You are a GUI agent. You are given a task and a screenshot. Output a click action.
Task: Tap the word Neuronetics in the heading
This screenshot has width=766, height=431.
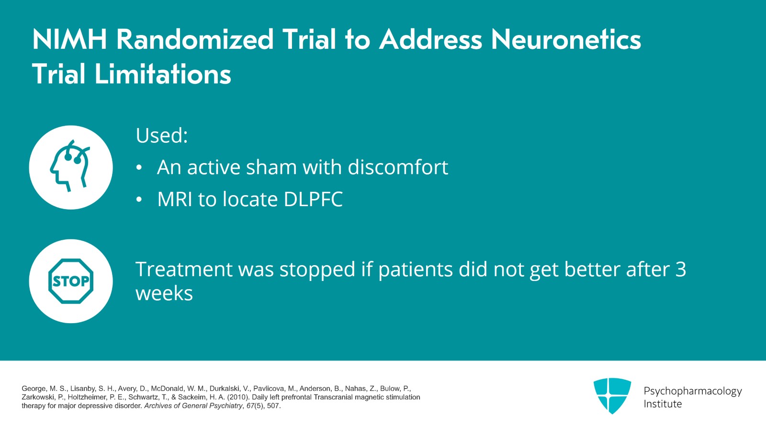coord(566,39)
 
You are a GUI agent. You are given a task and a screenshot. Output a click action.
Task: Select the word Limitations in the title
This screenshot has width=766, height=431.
coord(163,74)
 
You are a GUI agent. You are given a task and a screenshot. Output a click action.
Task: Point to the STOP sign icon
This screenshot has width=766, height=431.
coord(71,281)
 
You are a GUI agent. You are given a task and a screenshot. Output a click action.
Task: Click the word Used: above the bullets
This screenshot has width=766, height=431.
coord(162,136)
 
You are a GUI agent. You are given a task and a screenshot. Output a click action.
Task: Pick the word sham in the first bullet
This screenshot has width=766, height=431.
coord(271,167)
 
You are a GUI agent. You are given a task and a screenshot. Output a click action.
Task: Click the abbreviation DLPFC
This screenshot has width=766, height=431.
coord(313,199)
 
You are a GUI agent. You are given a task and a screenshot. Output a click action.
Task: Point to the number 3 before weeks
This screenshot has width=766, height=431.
coord(680,269)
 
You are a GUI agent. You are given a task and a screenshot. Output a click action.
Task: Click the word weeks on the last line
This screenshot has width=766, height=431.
coord(164,293)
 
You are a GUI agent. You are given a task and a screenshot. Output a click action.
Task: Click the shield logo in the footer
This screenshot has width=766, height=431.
coord(612,396)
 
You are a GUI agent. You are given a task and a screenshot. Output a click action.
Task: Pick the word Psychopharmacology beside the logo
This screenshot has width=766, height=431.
coord(692,391)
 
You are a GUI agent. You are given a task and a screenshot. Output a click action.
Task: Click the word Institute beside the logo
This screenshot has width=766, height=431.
coord(663,404)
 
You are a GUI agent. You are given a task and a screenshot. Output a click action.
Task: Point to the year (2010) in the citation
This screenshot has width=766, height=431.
coord(238,397)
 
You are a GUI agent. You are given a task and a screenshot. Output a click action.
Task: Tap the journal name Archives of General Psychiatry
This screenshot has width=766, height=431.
coord(193,406)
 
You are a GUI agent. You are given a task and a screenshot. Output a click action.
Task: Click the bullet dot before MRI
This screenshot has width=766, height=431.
coord(139,200)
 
